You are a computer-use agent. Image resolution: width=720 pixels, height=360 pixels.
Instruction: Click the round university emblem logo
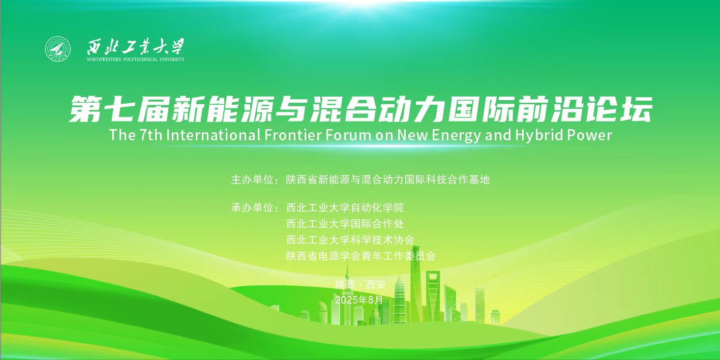pyautogui.click(x=58, y=49)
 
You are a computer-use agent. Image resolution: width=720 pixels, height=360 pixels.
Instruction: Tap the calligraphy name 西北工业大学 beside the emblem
pyautogui.click(x=136, y=47)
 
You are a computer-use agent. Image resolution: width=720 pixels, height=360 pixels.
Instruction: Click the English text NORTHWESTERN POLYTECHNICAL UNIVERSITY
pyautogui.click(x=136, y=59)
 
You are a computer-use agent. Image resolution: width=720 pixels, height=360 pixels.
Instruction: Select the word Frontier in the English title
pyautogui.click(x=292, y=135)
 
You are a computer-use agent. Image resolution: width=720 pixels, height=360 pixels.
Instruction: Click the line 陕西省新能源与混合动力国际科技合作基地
pyautogui.click(x=387, y=179)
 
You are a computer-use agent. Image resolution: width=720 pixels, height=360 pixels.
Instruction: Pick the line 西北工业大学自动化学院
pyautogui.click(x=345, y=207)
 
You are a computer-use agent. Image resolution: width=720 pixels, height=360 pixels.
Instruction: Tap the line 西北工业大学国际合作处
pyautogui.click(x=345, y=224)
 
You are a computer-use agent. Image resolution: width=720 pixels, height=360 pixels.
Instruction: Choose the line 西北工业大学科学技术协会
pyautogui.click(x=350, y=240)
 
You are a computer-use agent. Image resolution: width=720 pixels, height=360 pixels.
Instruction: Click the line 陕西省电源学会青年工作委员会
pyautogui.click(x=361, y=256)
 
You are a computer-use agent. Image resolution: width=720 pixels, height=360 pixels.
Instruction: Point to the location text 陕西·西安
pyautogui.click(x=360, y=284)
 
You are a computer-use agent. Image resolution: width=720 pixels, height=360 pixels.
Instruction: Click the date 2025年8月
pyautogui.click(x=359, y=300)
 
